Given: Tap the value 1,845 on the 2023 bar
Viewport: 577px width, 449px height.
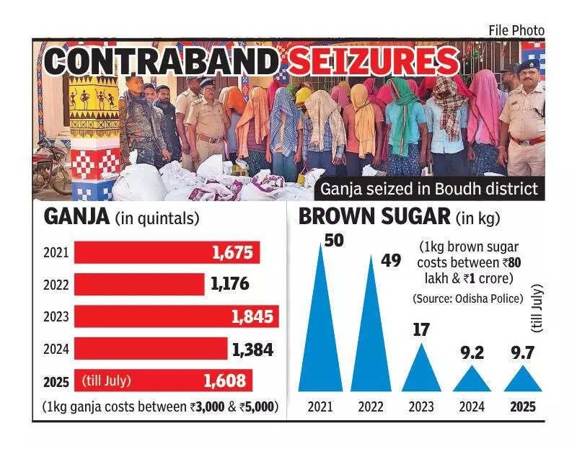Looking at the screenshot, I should click(253, 316).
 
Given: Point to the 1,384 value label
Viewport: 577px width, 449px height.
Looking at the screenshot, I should click(252, 350).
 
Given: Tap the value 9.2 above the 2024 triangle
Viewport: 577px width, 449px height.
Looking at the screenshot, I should click(472, 354).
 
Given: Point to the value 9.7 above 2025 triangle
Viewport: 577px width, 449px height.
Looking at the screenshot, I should click(522, 354).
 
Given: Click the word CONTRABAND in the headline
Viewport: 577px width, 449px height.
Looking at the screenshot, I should click(160, 61).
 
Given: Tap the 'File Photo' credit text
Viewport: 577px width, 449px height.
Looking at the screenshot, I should click(516, 30).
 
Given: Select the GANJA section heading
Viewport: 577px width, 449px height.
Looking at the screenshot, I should click(75, 217).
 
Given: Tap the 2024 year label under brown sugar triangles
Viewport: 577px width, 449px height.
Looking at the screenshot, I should click(472, 406).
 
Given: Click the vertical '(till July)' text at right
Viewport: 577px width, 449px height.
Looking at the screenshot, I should click(537, 309).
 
